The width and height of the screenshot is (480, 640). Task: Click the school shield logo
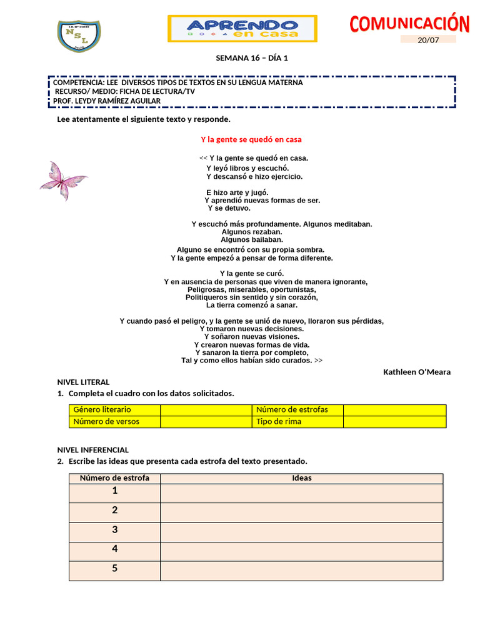tap(79, 36)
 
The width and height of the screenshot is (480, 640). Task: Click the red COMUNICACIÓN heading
tap(409, 24)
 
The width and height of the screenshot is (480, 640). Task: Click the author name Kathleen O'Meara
tap(416, 372)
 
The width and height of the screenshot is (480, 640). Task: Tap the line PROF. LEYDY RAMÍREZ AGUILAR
tap(107, 101)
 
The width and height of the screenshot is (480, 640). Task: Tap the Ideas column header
tap(301, 478)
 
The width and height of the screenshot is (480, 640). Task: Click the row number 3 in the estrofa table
tap(114, 530)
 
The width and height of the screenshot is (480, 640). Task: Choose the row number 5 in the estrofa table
tap(114, 569)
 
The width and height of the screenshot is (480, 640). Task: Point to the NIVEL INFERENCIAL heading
tap(92, 449)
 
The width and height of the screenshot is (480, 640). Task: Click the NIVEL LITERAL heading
tap(83, 382)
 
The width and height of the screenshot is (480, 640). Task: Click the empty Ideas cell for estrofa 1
tap(301, 493)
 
